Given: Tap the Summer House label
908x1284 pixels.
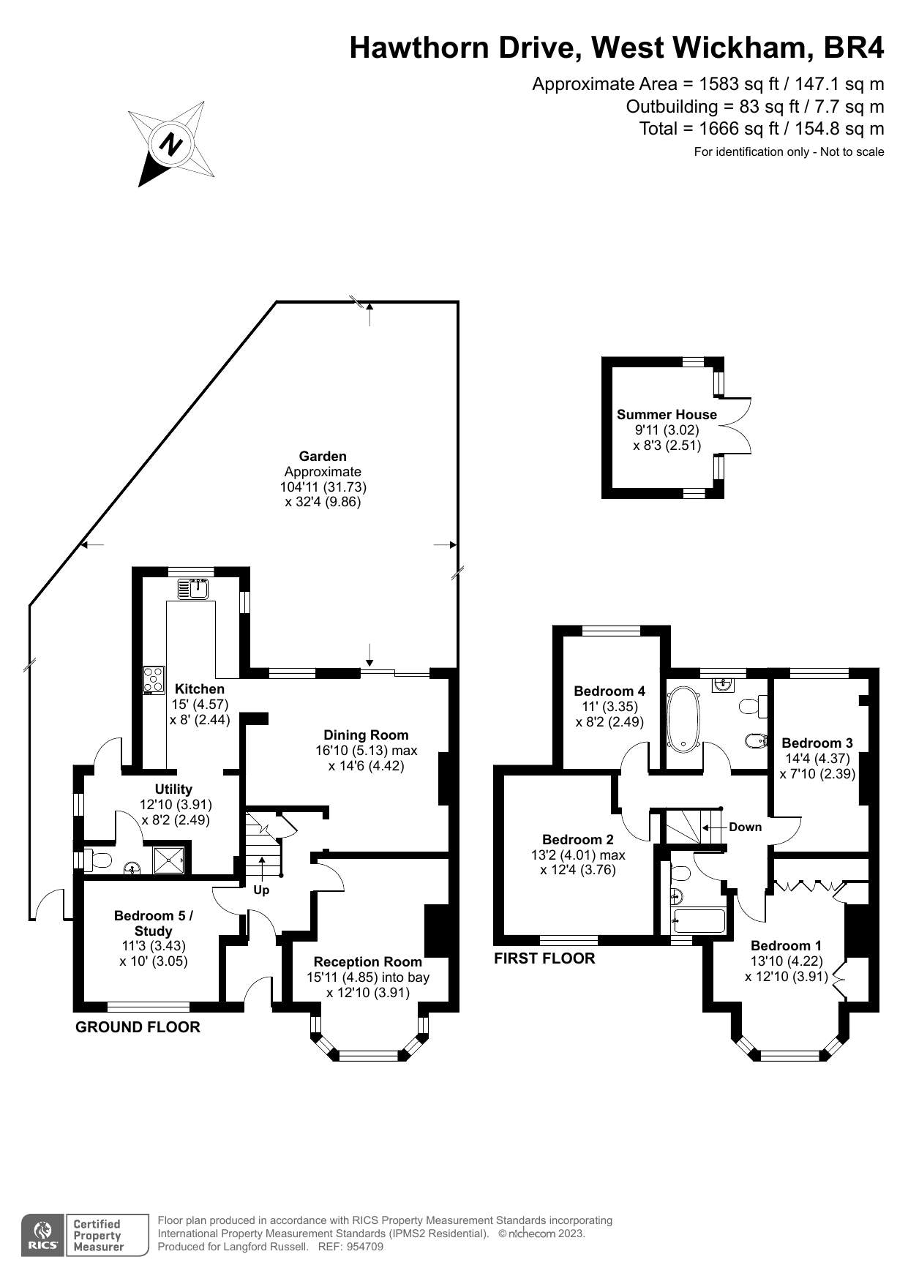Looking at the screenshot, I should click(667, 414).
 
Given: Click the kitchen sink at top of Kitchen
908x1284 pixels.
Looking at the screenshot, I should click(194, 588).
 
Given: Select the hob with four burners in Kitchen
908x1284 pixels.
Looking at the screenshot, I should click(154, 680).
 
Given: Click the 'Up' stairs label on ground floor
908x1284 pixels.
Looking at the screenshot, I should click(261, 890).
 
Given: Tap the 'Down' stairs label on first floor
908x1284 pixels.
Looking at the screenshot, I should click(745, 827).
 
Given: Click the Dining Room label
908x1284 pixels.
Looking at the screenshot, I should click(366, 735).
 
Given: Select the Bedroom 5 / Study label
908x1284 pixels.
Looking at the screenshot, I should click(154, 923).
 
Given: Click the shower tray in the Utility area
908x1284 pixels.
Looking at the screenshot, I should click(168, 860).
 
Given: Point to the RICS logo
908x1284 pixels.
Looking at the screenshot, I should click(43, 1235).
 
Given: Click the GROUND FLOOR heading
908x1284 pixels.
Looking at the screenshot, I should click(138, 1026).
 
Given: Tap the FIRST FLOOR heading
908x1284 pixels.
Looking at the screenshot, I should click(544, 958).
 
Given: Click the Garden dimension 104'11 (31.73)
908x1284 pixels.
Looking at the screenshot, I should click(323, 487).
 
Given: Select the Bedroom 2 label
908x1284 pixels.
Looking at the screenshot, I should click(578, 839).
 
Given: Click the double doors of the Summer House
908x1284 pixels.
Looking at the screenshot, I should click(738, 427).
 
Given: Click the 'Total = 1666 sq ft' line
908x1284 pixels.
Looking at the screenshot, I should click(761, 129).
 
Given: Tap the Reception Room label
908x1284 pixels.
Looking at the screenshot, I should click(367, 961).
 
